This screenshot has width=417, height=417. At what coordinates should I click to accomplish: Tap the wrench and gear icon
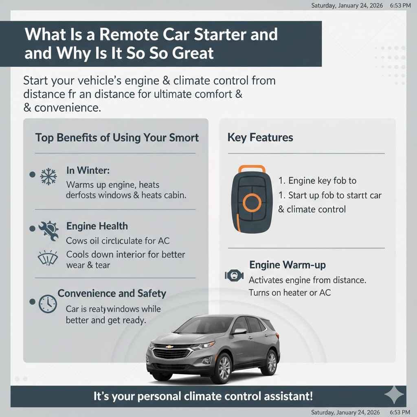pos(48,228)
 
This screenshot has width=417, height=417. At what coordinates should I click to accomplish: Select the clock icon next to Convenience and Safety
pos(48,304)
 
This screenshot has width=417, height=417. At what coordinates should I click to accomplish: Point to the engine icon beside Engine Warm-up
pos(234,276)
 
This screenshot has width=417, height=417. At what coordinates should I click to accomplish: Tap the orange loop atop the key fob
pos(251,169)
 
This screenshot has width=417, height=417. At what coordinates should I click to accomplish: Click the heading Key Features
pos(260,138)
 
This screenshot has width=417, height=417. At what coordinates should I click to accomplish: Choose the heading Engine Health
pos(97,226)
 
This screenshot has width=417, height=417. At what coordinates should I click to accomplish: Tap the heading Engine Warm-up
pos(288,265)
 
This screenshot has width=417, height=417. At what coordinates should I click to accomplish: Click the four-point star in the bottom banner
pos(394,395)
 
